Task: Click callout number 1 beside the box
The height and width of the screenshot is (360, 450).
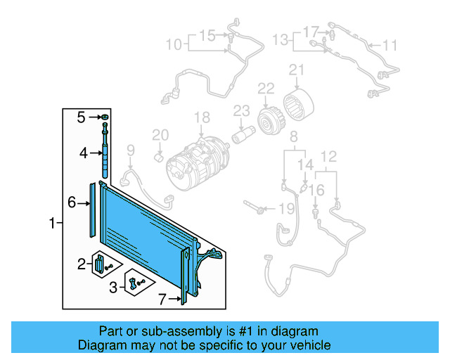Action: pyautogui.click(x=52, y=224)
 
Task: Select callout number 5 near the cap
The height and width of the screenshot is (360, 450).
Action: pyautogui.click(x=81, y=117)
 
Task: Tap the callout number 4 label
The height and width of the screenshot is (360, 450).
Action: pyautogui.click(x=82, y=153)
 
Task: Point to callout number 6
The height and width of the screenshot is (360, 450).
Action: pyautogui.click(x=72, y=203)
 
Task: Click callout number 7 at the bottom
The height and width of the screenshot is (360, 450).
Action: pyautogui.click(x=162, y=300)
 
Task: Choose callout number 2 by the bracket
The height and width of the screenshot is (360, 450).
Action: pyautogui.click(x=82, y=264)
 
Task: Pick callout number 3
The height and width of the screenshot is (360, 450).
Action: pyautogui.click(x=113, y=286)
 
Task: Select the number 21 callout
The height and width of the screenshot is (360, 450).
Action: pyautogui.click(x=297, y=70)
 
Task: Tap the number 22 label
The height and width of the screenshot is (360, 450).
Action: pyautogui.click(x=266, y=88)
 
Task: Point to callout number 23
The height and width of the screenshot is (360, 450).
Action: pyautogui.click(x=241, y=110)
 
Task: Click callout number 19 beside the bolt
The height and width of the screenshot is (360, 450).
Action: pyautogui.click(x=285, y=208)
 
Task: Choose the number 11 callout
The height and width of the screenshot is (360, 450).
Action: pyautogui.click(x=390, y=46)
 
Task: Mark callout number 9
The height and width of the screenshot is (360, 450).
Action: pyautogui.click(x=130, y=149)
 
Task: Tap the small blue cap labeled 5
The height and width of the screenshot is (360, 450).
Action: pyautogui.click(x=105, y=116)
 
